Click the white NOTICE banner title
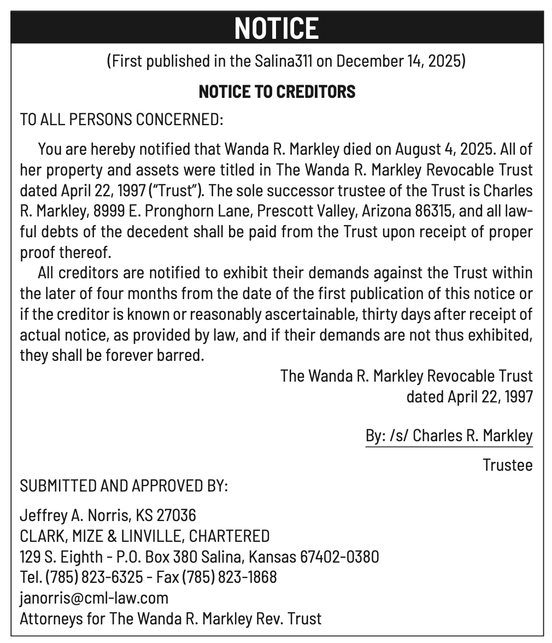tap(276, 28)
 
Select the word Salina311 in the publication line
tap(284, 60)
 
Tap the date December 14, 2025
tap(399, 60)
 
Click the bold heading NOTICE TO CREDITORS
tap(277, 91)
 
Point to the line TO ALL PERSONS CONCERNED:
tap(121, 119)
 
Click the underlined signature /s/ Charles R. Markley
tap(461, 435)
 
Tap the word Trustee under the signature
tap(507, 465)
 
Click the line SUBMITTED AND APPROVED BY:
tap(124, 486)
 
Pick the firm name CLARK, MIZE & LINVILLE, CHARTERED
tap(144, 536)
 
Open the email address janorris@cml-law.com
tap(94, 598)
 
